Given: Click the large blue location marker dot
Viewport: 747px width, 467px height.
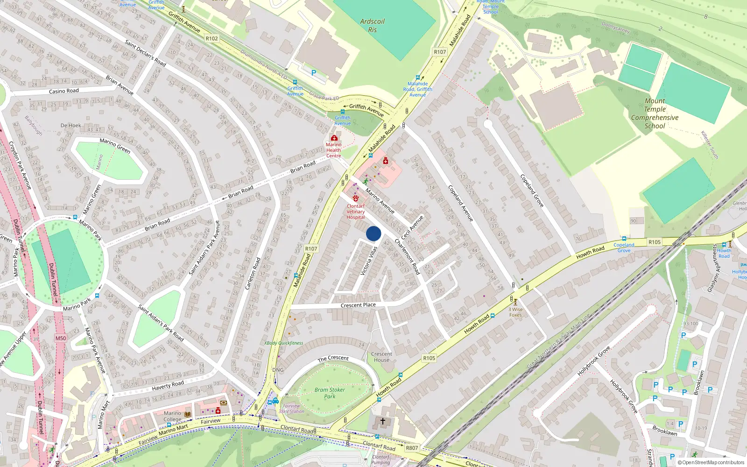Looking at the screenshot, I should [373, 233].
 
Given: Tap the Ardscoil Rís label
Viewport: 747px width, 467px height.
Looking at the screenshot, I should [372, 25].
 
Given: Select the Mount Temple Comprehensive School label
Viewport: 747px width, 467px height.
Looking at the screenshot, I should [655, 113].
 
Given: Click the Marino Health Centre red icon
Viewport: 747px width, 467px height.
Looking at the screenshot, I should [334, 138].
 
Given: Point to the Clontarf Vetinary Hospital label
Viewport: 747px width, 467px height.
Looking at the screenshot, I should [355, 212].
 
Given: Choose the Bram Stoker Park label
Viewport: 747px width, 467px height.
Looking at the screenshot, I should [330, 393].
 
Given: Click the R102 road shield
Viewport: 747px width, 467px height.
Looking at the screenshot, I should [211, 38].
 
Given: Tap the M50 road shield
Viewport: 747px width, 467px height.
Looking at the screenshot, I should [61, 338].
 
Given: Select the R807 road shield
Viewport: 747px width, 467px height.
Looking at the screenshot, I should [412, 448].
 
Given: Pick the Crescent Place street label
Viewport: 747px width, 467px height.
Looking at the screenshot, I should [358, 305].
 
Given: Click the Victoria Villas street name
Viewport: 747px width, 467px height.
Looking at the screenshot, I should [369, 261].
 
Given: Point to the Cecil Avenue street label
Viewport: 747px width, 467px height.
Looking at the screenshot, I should [412, 227].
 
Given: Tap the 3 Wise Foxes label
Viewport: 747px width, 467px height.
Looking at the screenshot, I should [515, 312].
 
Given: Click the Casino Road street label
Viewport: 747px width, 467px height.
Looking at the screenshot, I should [63, 91].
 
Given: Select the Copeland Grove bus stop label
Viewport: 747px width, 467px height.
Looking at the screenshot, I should [624, 248].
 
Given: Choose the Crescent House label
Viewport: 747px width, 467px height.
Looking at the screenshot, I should [381, 357].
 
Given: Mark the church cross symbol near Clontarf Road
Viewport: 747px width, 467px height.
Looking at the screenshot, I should [383, 421].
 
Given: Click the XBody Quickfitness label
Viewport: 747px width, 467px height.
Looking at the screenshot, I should [283, 343].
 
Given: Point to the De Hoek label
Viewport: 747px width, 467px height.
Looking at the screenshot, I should [70, 125].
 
